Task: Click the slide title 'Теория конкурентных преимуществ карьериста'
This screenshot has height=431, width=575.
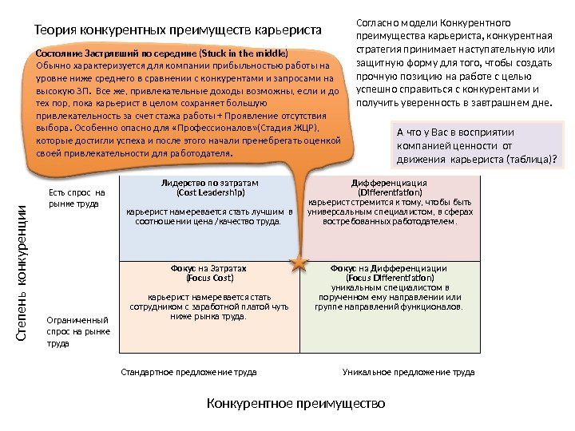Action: click(x=176, y=31)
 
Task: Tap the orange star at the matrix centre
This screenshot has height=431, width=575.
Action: click(x=299, y=263)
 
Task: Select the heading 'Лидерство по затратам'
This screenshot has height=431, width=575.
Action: click(x=210, y=183)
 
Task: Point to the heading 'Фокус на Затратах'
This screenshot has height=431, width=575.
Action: click(x=210, y=269)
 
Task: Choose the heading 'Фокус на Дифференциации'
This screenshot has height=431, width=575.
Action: click(x=389, y=269)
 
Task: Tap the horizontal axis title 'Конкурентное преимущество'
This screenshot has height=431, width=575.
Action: click(x=295, y=402)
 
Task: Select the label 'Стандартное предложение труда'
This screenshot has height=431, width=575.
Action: click(x=188, y=372)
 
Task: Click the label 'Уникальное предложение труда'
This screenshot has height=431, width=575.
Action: click(x=408, y=372)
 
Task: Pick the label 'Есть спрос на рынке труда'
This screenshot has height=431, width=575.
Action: click(x=72, y=198)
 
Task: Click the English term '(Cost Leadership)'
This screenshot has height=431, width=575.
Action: click(x=210, y=192)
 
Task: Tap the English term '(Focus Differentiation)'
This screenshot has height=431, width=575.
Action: click(x=389, y=279)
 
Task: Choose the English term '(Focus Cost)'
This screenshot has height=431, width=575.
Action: click(x=210, y=279)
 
